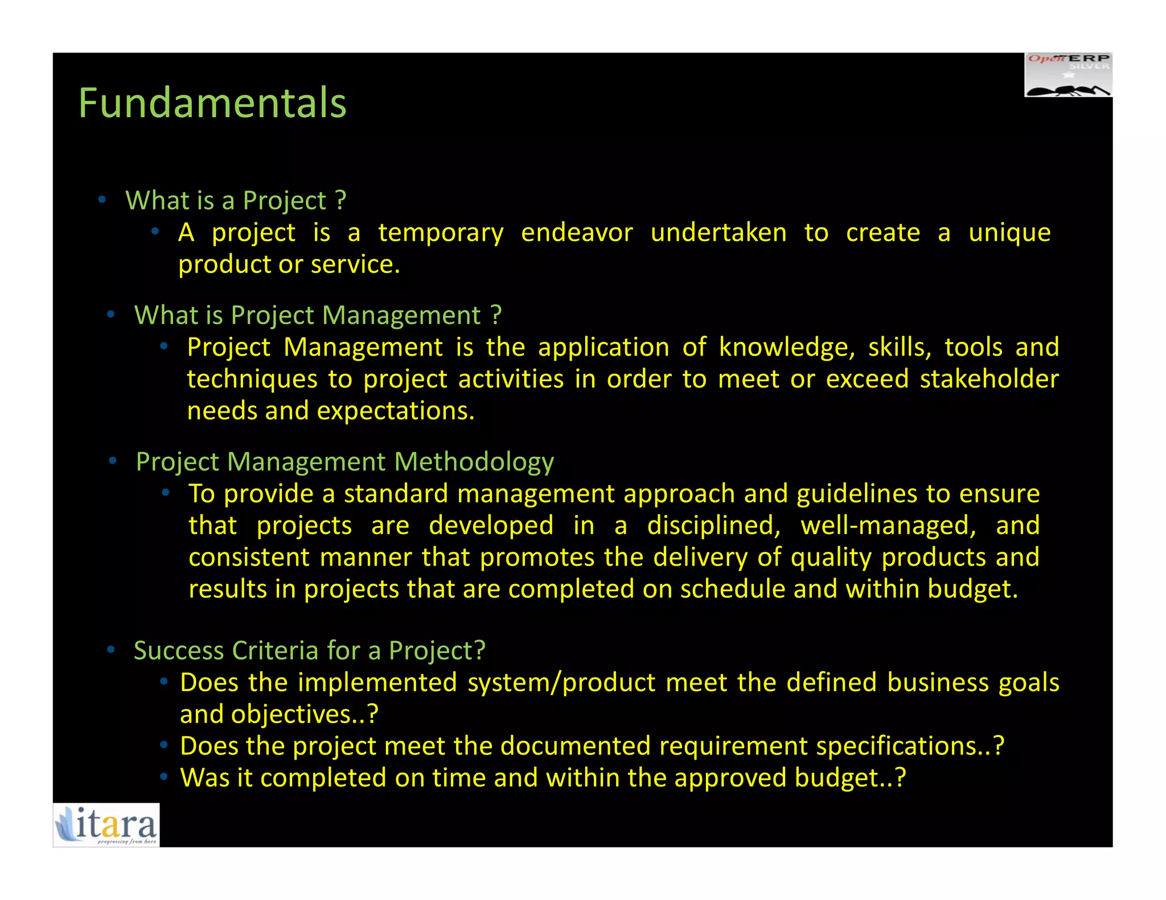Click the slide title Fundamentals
point(212,103)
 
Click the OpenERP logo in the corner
point(1068,75)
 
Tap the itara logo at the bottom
point(106,824)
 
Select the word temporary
point(441,233)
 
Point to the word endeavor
point(577,233)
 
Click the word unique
point(1009,233)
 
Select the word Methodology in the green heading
point(474,462)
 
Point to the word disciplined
point(714,526)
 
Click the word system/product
point(561,683)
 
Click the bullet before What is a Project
point(102,200)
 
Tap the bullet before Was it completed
point(164,777)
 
